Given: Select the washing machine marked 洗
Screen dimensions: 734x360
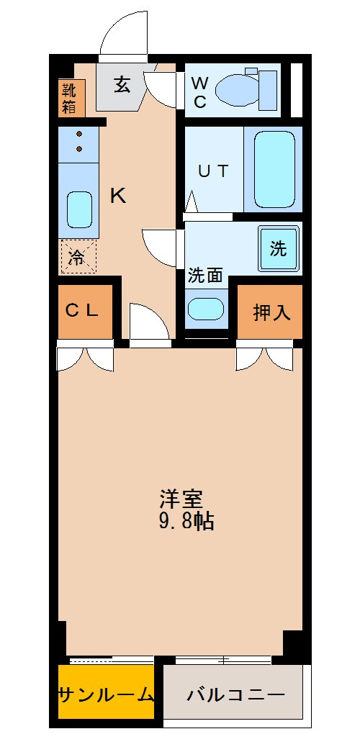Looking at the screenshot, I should click(278, 248).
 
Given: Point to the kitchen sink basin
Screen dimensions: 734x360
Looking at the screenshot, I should click(79, 209).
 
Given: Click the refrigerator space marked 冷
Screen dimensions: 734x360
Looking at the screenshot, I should click(78, 257).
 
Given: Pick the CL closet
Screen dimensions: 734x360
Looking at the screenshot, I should click(86, 311).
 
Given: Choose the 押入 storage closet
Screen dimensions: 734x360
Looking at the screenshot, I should click(271, 312).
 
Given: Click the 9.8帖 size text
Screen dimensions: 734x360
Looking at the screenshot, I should click(185, 521).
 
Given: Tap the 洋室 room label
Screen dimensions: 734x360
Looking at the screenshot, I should click(181, 499).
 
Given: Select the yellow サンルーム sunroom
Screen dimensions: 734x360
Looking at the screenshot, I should click(106, 694).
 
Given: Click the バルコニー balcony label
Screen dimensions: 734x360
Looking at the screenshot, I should click(235, 695).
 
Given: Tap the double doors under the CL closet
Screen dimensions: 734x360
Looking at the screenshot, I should click(86, 358).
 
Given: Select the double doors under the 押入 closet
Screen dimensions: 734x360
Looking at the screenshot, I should click(264, 358).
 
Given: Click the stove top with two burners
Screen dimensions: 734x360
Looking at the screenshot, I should click(78, 142).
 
